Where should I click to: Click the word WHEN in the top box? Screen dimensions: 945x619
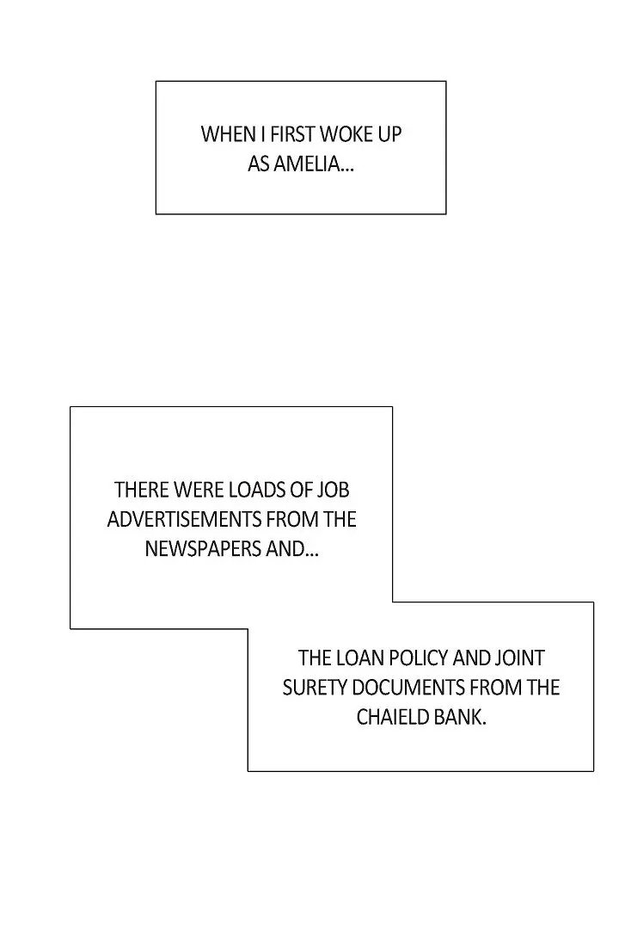coord(223,134)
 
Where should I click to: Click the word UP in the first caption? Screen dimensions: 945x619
coord(389,134)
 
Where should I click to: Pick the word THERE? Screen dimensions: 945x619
coord(142,491)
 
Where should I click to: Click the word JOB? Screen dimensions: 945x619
coord(333,491)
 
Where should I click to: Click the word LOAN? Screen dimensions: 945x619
coord(358,658)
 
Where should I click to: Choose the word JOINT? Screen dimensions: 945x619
coord(519,658)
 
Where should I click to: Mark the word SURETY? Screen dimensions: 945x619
coord(310,688)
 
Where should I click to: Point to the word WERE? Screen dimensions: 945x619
coord(199,491)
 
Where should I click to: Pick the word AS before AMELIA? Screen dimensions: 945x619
coord(259,164)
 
